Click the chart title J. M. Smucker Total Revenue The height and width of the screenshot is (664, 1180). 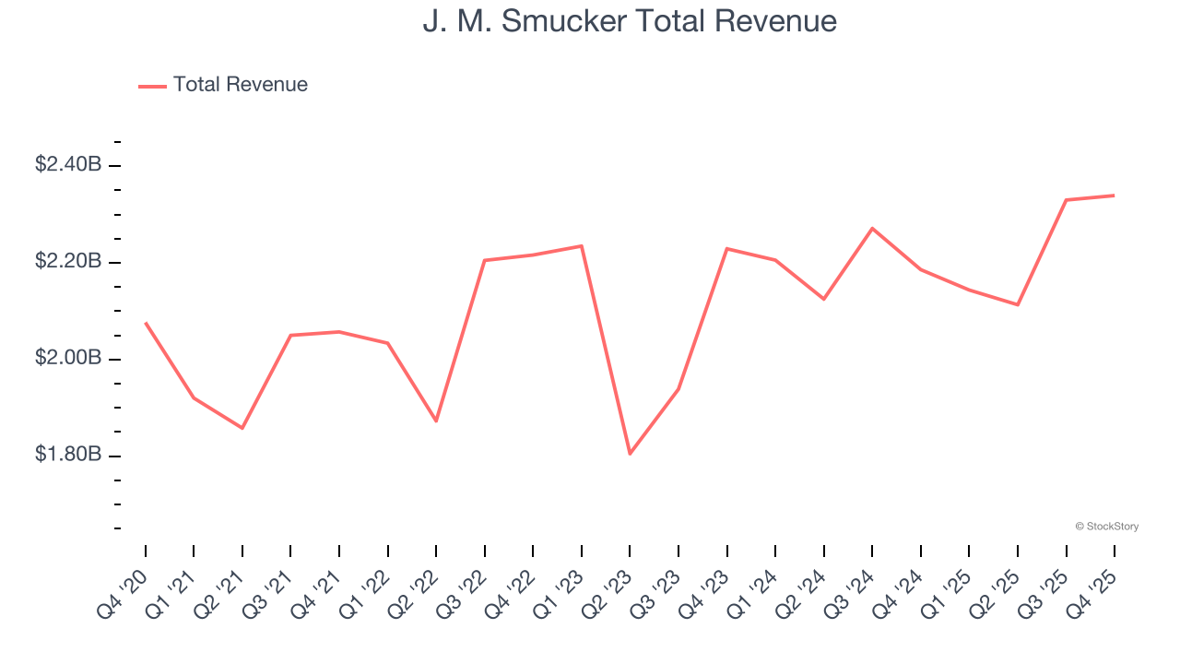(630, 20)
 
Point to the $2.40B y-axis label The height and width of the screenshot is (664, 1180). (68, 164)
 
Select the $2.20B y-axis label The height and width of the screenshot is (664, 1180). (68, 261)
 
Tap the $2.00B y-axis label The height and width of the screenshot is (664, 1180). (68, 358)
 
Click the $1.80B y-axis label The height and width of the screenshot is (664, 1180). (68, 455)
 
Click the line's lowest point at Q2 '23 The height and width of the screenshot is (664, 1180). (630, 454)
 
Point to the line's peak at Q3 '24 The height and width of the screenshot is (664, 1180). (872, 228)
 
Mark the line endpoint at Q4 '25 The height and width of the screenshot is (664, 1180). (1115, 195)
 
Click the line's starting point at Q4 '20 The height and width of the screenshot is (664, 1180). (146, 323)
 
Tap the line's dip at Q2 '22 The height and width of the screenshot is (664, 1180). (436, 421)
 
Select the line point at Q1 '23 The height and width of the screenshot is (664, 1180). (582, 245)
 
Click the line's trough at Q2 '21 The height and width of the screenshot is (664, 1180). (242, 428)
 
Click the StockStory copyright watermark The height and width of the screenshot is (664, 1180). (1107, 527)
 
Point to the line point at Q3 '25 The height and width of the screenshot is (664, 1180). (1066, 199)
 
